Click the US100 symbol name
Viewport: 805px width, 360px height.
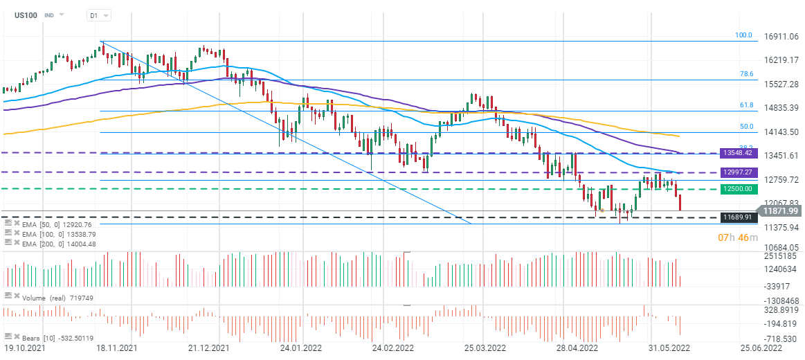[x=26, y=15]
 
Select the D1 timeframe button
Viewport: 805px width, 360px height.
[x=93, y=15]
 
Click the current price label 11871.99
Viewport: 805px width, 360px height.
[x=780, y=211]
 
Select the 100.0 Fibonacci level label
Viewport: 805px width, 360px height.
[x=743, y=35]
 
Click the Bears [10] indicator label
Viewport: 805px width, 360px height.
[x=48, y=337]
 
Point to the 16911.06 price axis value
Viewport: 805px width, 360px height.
[x=781, y=37]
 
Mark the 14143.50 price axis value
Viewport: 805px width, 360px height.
[x=781, y=132]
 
